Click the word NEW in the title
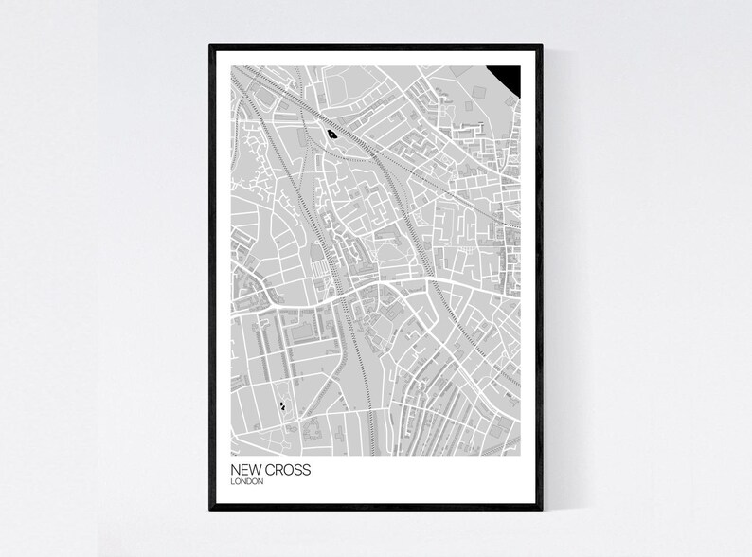click(x=242, y=470)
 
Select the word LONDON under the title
click(x=246, y=481)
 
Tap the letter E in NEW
click(x=242, y=470)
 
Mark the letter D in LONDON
click(x=249, y=481)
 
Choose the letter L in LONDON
click(x=232, y=481)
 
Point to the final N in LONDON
click(x=260, y=481)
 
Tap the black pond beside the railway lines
click(x=331, y=134)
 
